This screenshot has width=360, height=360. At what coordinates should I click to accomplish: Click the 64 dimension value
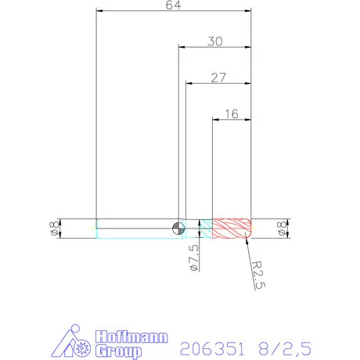(174, 5)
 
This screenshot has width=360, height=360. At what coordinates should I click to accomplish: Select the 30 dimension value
(215, 41)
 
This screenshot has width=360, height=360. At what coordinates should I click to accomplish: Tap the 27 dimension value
(218, 77)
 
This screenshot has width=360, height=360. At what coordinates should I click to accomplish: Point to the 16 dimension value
(232, 114)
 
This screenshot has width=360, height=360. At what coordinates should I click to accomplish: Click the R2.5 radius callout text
(258, 275)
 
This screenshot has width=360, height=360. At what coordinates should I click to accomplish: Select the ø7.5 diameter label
(194, 257)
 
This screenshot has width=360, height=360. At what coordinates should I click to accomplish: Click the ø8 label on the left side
(54, 229)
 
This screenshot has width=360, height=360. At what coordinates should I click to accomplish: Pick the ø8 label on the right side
(282, 229)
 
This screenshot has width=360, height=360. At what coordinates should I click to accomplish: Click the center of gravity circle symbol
(178, 229)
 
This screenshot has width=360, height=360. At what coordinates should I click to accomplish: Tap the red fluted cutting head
(232, 229)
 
